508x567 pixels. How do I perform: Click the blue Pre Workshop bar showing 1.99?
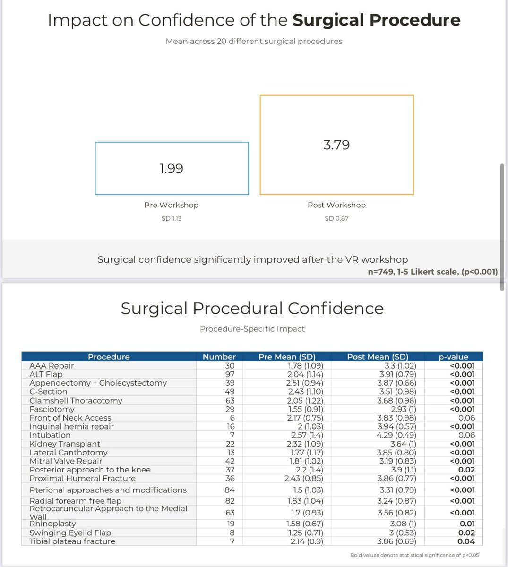point(172,168)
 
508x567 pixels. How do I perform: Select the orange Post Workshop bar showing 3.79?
point(336,145)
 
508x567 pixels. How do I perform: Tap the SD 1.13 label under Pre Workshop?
point(172,218)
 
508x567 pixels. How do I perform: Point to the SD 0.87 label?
point(336,218)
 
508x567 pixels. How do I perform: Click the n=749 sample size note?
point(432,272)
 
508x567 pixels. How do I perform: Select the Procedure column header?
point(109,357)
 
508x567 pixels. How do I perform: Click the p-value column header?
point(453,357)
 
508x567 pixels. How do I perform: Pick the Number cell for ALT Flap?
point(230,374)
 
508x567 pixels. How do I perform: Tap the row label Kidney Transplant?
point(65,444)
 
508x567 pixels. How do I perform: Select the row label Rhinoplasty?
point(52,524)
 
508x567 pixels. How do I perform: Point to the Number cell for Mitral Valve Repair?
point(230,461)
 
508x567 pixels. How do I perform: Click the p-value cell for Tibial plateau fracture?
point(466,541)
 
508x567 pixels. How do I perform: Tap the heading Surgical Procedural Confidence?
point(252,309)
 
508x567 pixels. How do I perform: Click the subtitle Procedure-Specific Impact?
point(252,329)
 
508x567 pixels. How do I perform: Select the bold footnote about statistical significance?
point(414,555)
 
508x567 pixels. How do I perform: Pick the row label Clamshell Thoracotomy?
point(76,400)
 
